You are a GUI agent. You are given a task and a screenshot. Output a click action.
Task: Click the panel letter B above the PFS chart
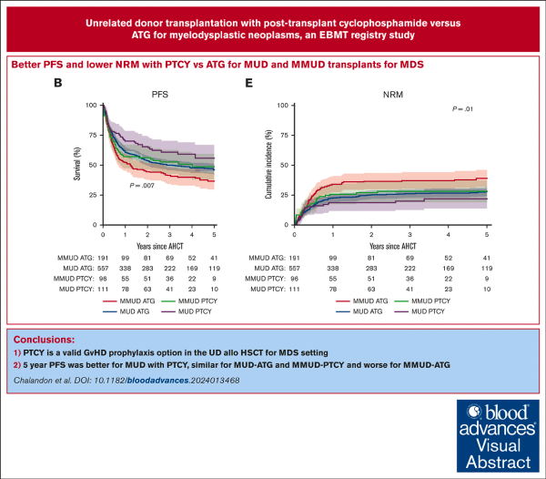(x=58, y=82)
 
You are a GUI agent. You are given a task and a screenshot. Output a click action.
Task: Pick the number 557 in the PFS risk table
(x=103, y=270)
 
